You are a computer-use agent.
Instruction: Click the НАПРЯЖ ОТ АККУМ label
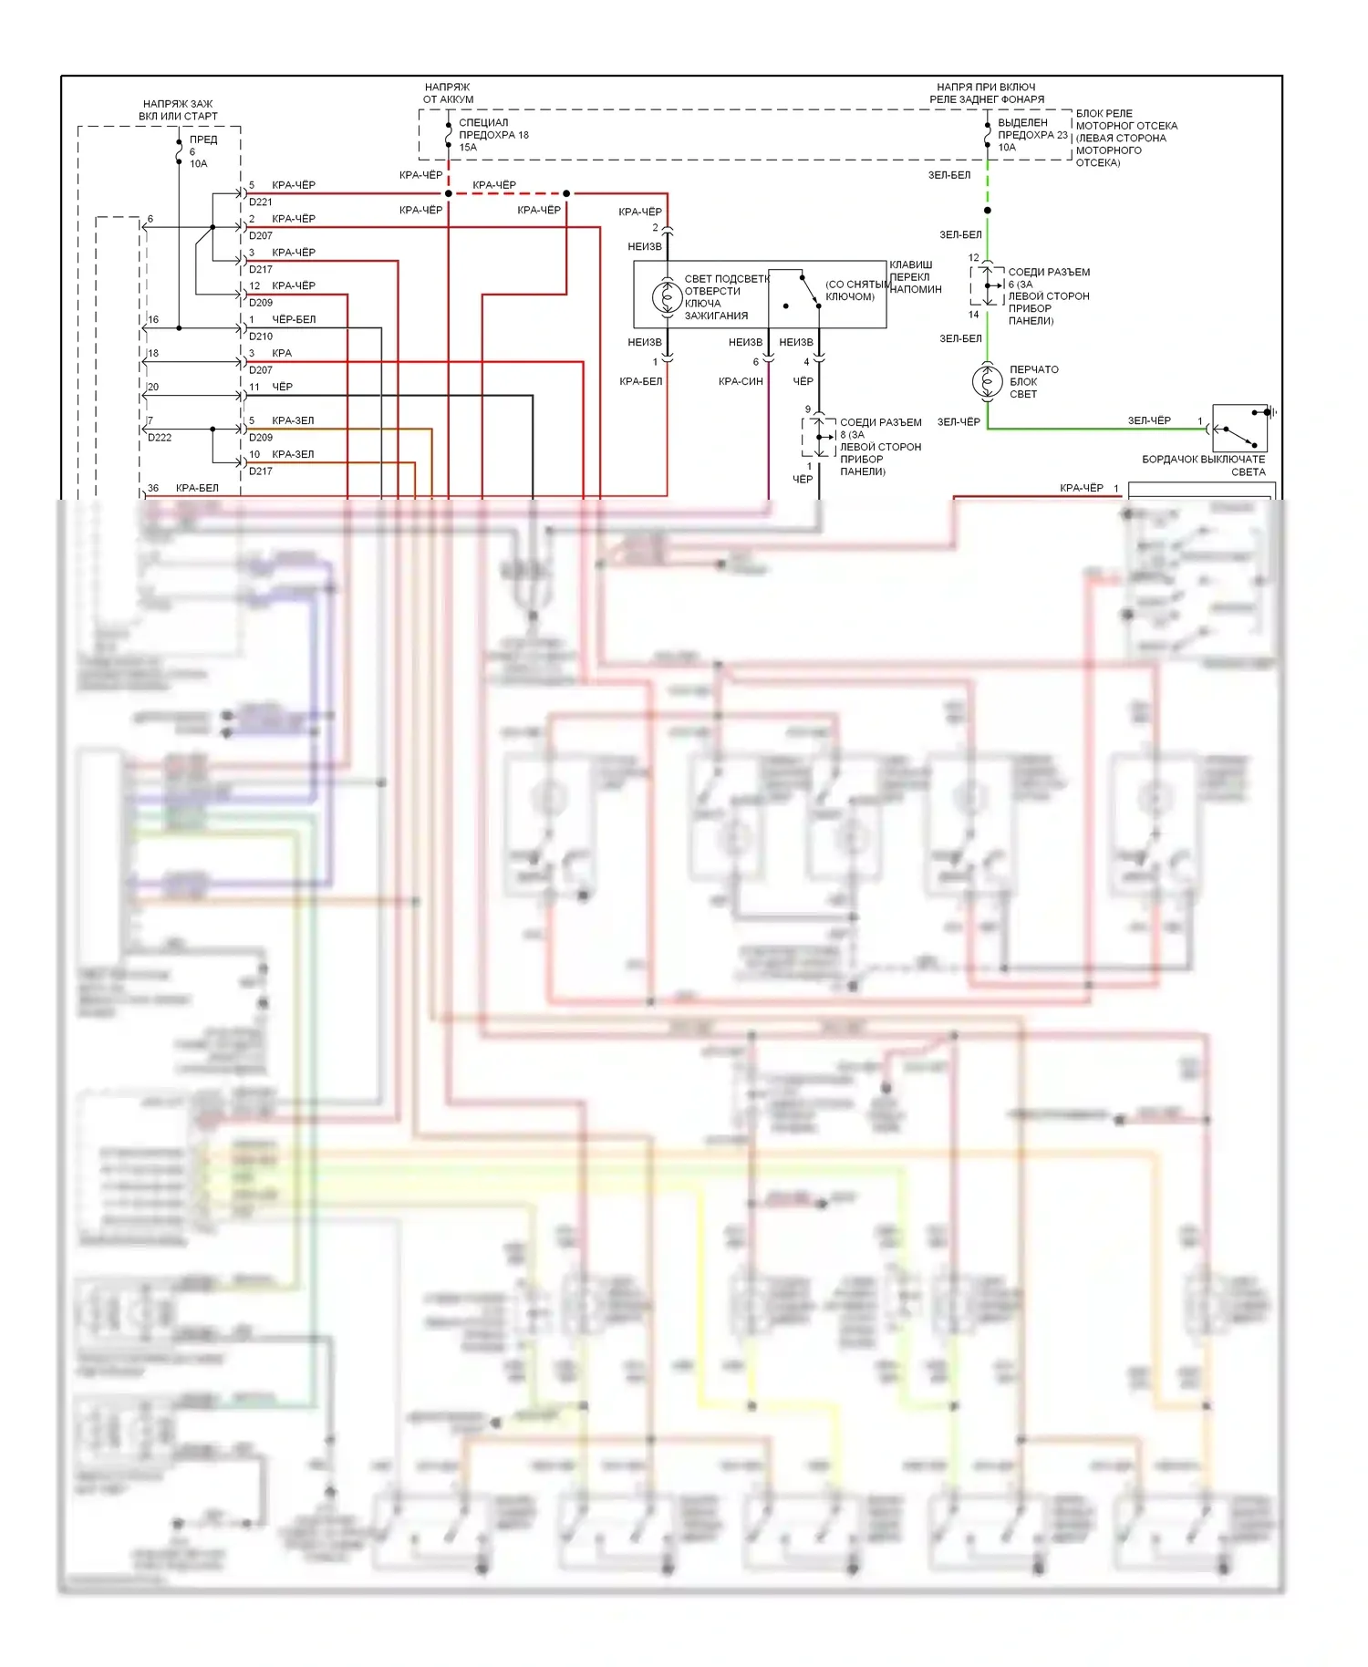point(448,93)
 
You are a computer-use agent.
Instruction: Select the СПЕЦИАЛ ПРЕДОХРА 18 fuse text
point(493,135)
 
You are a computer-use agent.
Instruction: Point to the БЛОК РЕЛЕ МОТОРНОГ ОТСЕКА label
point(1125,138)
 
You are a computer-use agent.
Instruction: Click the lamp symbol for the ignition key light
point(667,297)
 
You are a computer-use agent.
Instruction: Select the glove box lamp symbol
point(987,381)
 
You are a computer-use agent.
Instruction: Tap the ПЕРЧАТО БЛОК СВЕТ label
point(1033,382)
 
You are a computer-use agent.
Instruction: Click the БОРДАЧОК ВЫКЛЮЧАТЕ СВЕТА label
point(1203,465)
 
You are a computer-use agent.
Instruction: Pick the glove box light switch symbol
point(1239,428)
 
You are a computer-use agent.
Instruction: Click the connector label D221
point(261,202)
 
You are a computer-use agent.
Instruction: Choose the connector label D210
point(261,337)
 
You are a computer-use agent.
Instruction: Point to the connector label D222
point(160,438)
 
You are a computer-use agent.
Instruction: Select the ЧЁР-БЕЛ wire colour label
point(294,320)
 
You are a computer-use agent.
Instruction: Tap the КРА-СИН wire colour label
point(740,382)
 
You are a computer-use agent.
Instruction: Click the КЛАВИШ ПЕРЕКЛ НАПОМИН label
point(915,277)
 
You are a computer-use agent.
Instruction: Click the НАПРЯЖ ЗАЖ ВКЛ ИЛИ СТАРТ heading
point(178,110)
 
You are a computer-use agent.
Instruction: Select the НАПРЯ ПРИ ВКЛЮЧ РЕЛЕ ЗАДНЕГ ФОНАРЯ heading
point(987,93)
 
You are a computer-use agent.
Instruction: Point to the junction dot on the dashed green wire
point(987,211)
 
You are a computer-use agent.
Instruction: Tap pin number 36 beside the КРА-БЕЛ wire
point(153,488)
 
